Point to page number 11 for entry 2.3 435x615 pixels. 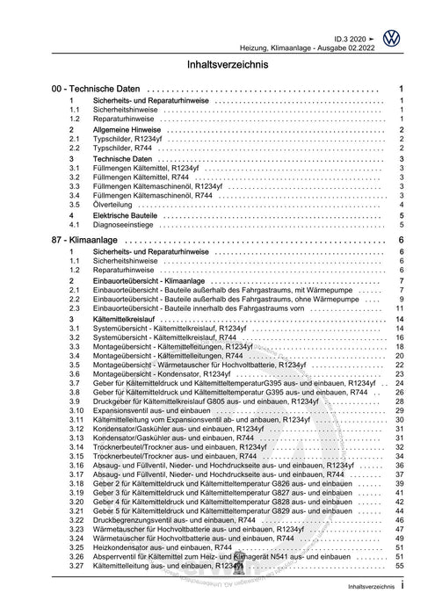(399, 309)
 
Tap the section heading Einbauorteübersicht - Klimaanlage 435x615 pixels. (154, 279)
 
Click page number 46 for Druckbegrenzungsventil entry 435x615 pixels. (399, 521)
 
